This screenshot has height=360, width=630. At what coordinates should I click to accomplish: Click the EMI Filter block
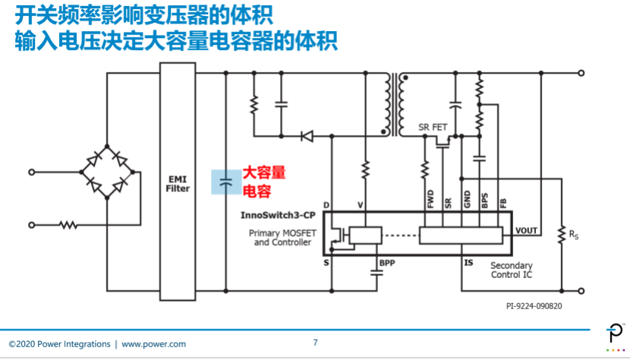coord(178,182)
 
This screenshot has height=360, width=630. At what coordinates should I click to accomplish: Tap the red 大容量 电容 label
coord(263,182)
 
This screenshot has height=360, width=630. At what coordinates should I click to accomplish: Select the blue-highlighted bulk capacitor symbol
coord(226,182)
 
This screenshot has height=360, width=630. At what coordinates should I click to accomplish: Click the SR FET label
coord(433,127)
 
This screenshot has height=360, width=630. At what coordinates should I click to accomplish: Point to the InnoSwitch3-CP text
coord(278,215)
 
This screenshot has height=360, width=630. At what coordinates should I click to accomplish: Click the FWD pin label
coord(430,199)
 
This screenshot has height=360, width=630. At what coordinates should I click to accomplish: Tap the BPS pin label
coord(484,201)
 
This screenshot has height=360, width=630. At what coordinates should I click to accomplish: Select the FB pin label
coord(503,204)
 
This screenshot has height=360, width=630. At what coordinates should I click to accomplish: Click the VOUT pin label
coord(526,230)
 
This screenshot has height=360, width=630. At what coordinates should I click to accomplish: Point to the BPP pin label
coord(387,263)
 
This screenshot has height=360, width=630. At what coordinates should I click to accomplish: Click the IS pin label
coord(468,263)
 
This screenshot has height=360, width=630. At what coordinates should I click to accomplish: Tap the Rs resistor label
coord(574,235)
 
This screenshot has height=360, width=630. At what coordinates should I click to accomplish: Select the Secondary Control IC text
coord(512,270)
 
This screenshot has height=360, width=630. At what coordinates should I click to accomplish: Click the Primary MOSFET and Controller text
coord(282,237)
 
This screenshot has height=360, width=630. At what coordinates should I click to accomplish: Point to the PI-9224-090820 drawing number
coord(534,306)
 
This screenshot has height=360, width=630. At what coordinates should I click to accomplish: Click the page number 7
coord(316,343)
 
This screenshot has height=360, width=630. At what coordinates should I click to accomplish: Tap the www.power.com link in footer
coord(153,344)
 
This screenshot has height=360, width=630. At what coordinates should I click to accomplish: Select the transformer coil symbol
coord(395,105)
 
